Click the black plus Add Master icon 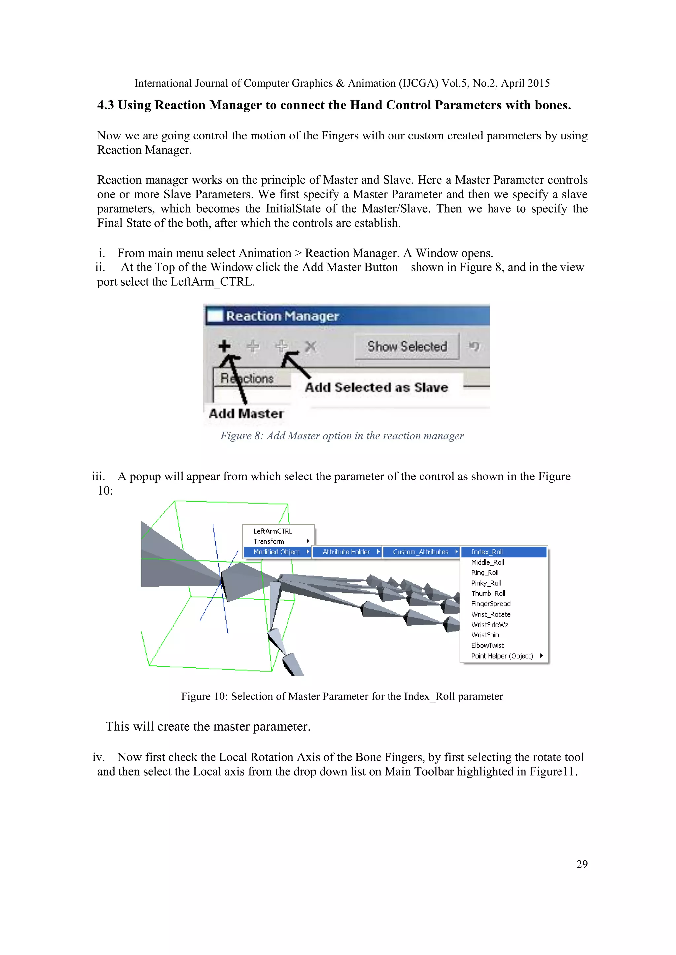[x=224, y=346]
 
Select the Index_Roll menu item [x=487, y=552]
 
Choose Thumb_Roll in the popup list [x=488, y=594]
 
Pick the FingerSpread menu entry [x=491, y=604]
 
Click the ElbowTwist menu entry [x=488, y=646]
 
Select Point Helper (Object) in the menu [x=502, y=656]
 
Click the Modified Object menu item [x=276, y=552]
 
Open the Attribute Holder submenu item [x=346, y=552]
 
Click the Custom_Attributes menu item [x=421, y=552]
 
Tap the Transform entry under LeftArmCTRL [x=269, y=541]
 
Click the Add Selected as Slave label [x=376, y=388]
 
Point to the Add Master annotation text [x=246, y=414]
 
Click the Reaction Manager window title [x=282, y=316]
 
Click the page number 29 [x=582, y=864]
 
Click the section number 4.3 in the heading [x=105, y=105]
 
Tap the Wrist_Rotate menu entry [x=491, y=614]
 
